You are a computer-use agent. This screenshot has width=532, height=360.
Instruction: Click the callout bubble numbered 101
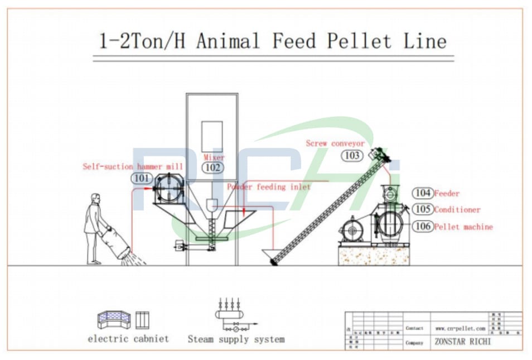[142, 179]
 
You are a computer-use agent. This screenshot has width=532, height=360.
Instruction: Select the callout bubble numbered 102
[213, 167]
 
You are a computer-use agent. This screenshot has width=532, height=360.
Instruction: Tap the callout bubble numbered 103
[352, 155]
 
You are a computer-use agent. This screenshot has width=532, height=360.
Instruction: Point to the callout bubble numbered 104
[423, 193]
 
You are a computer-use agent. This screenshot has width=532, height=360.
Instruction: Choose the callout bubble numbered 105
[423, 209]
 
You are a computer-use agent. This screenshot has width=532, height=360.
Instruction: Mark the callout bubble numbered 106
[423, 226]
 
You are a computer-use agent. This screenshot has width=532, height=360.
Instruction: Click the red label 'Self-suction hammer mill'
[133, 166]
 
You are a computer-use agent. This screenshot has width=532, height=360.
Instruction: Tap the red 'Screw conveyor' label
[335, 143]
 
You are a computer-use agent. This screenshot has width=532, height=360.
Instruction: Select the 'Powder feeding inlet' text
[268, 187]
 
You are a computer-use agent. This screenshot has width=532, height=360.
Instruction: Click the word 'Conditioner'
[457, 210]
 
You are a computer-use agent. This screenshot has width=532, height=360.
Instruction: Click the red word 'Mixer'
[214, 157]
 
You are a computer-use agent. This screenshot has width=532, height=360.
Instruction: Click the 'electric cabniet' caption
[128, 339]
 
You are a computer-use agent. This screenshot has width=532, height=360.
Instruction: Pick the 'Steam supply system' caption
[236, 339]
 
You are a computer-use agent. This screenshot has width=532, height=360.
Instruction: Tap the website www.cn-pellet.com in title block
[460, 329]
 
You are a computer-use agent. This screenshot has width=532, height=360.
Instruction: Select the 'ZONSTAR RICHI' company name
[463, 342]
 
